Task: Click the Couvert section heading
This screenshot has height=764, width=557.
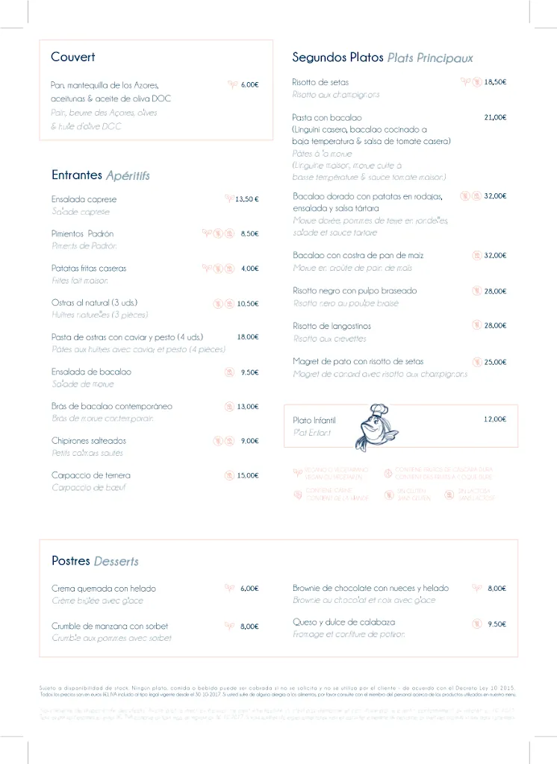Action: (x=72, y=57)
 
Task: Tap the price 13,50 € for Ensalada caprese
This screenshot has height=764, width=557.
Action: (x=247, y=199)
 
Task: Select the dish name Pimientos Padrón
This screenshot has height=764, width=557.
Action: (x=82, y=234)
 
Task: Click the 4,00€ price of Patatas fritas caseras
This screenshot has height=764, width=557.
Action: (x=249, y=269)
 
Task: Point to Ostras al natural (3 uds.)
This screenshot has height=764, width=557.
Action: (x=94, y=302)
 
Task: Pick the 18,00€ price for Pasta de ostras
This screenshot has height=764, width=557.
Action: (x=248, y=337)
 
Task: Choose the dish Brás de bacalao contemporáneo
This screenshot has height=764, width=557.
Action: (x=112, y=406)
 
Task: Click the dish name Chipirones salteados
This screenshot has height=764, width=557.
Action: (x=89, y=440)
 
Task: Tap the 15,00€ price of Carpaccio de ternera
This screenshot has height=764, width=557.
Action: (x=248, y=475)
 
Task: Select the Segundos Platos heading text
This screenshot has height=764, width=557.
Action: (x=337, y=57)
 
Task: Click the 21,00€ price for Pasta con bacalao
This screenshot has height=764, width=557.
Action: (x=495, y=117)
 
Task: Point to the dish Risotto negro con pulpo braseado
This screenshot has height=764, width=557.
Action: (x=355, y=290)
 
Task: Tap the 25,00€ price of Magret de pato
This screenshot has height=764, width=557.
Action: (x=495, y=362)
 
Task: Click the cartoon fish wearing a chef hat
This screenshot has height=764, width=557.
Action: (x=377, y=427)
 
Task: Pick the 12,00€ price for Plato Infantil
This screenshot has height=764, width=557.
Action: (x=495, y=419)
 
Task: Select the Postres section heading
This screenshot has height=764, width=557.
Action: (x=72, y=560)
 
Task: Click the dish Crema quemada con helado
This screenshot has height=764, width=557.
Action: (x=104, y=588)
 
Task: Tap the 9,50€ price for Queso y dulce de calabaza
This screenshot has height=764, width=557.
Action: (x=497, y=624)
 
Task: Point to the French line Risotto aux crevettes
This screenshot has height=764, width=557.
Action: (x=330, y=339)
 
